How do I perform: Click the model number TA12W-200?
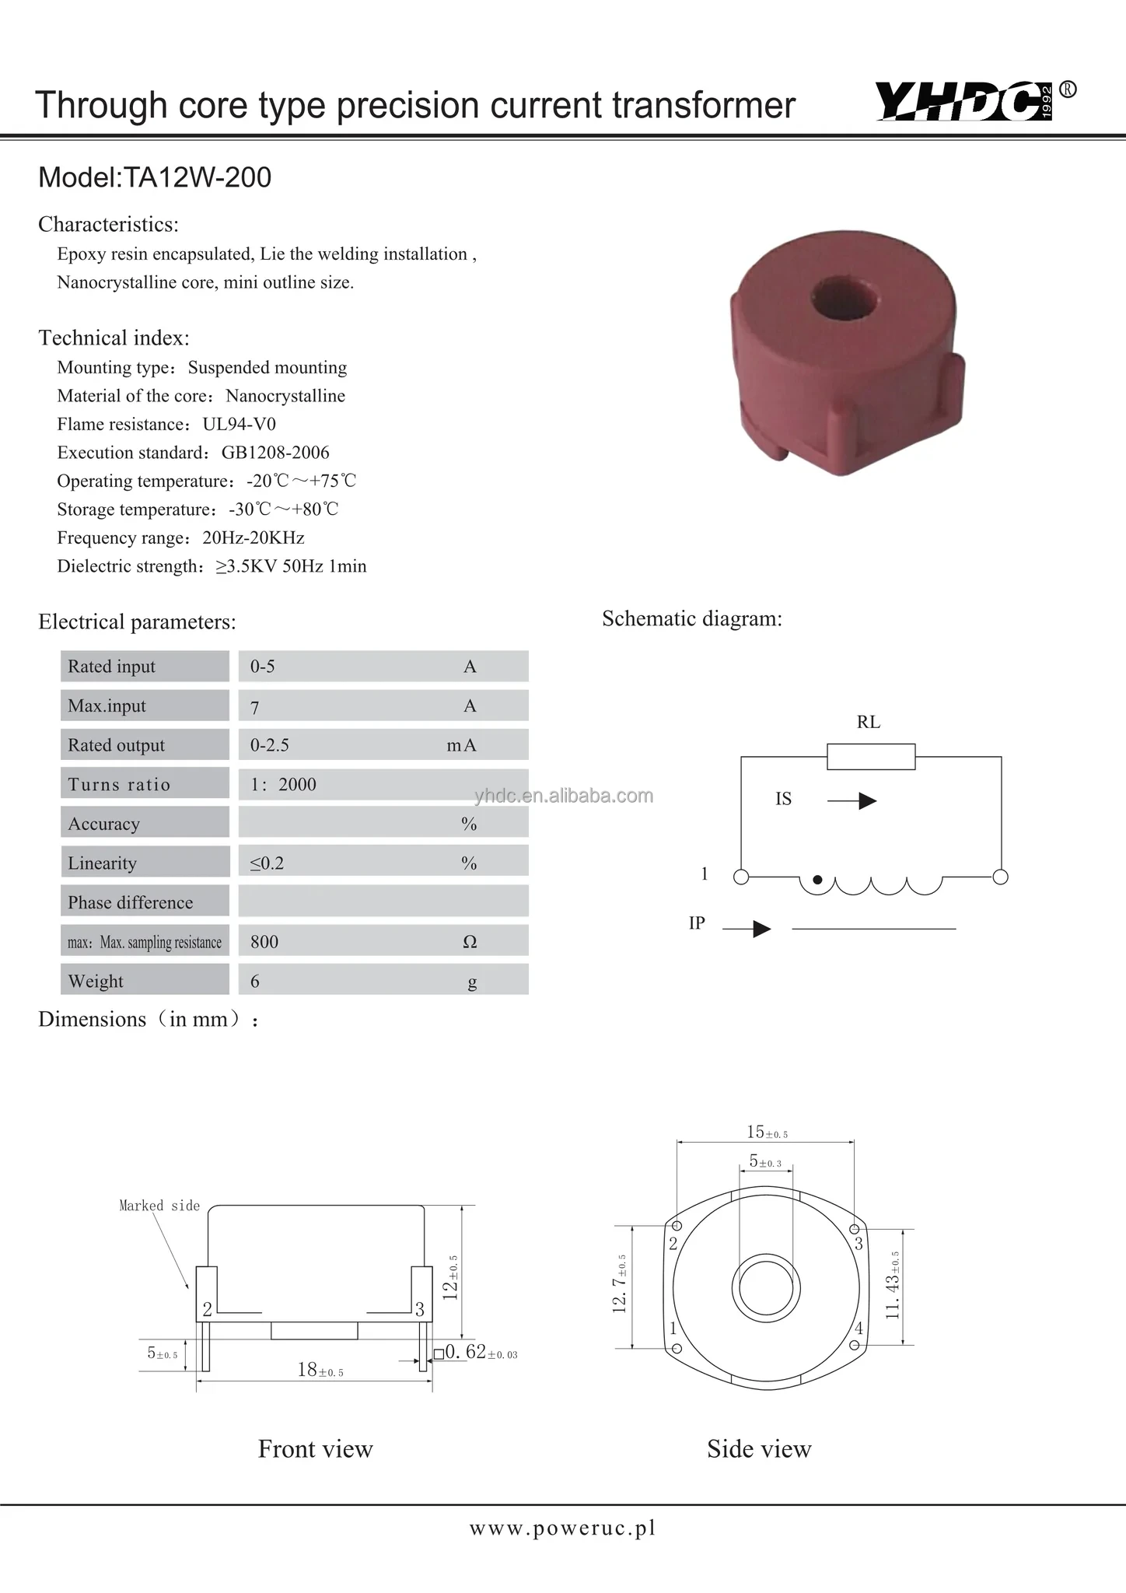click(198, 178)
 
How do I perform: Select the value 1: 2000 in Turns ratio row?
click(283, 784)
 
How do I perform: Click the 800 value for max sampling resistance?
click(264, 942)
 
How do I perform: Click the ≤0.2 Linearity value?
click(267, 863)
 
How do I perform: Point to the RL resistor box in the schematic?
click(870, 756)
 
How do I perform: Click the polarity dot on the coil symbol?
click(817, 881)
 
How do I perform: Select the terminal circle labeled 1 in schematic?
click(741, 877)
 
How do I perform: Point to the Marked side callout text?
click(159, 1206)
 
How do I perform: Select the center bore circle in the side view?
click(765, 1287)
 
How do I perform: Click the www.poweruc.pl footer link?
click(562, 1528)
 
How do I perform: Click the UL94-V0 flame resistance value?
click(239, 424)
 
